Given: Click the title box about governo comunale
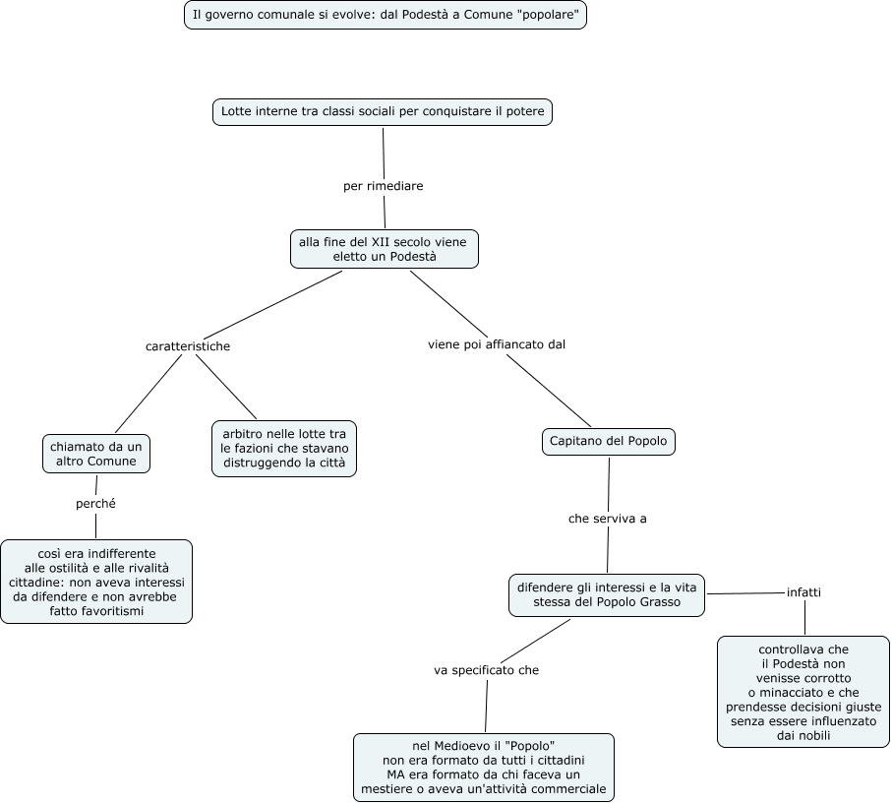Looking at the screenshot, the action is tap(386, 15).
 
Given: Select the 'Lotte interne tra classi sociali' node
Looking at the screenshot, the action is tap(383, 111).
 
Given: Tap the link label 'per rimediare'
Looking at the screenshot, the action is tap(383, 186).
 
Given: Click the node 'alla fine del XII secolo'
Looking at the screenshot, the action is tap(384, 249).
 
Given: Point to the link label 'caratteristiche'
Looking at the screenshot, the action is tap(188, 346).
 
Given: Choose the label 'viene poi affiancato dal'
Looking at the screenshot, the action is tap(497, 344).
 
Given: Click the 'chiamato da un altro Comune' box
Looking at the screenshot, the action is tap(96, 454).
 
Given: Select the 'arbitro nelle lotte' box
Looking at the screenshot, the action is tap(284, 449).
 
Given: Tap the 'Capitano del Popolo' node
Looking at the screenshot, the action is tap(608, 441).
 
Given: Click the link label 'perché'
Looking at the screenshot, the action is tap(95, 503).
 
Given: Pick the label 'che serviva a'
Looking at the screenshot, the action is tap(608, 519).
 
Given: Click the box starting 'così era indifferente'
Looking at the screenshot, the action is tap(96, 582).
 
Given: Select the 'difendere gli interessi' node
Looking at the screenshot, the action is tap(607, 595).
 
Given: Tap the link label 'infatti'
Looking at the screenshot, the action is tap(803, 592).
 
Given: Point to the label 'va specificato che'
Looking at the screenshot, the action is tap(487, 670).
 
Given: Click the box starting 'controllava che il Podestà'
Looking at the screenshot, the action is tap(803, 692).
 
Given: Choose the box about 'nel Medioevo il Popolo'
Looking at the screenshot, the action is tap(484, 767).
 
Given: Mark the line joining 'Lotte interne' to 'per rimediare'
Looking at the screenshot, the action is tap(384, 154).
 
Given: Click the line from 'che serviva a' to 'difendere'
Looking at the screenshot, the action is tap(608, 550).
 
